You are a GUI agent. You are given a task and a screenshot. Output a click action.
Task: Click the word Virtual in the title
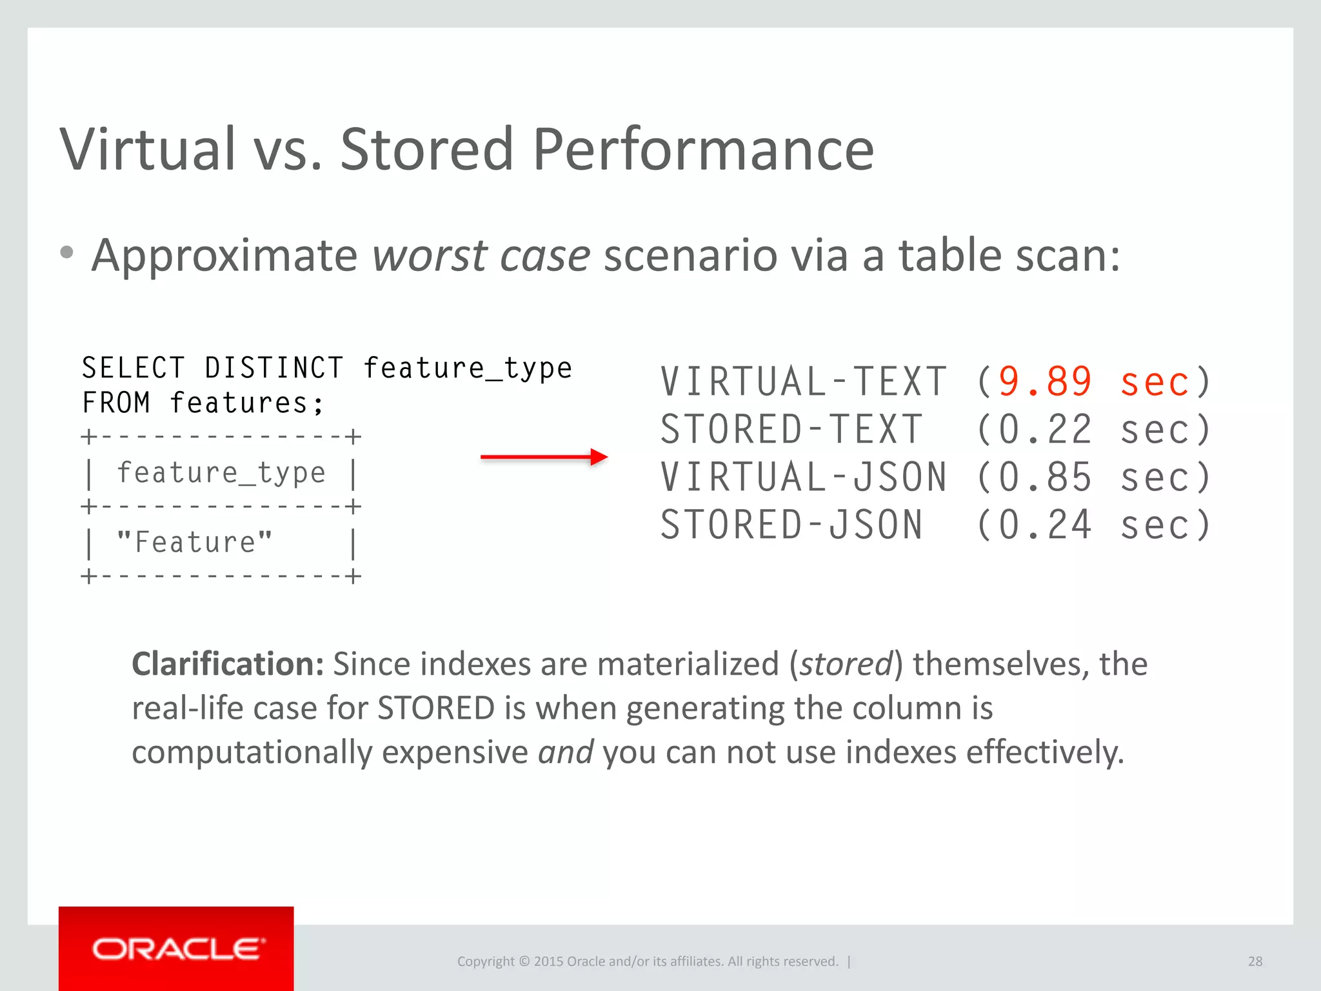pos(148,150)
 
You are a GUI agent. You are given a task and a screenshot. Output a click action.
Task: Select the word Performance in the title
pos(703,150)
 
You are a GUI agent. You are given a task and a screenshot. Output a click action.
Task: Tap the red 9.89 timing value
pos(1045,381)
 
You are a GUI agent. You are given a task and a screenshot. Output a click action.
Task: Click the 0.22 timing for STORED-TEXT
pos(1045,430)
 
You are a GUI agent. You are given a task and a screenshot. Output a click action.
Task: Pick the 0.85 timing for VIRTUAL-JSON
pos(1045,477)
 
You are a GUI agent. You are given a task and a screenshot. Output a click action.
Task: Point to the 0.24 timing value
pos(1045,525)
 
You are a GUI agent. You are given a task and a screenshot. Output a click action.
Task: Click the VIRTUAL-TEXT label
pos(804,381)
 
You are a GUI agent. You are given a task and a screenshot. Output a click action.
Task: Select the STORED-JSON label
pos(792,525)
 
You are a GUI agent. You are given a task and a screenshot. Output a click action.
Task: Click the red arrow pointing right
pos(544,457)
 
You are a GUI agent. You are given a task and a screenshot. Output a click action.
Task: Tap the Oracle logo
pos(176,949)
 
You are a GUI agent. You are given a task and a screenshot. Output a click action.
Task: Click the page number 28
pos(1255,961)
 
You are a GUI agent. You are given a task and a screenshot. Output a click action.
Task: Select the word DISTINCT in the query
pos(274,368)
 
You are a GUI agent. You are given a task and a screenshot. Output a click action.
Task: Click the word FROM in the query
pos(116,403)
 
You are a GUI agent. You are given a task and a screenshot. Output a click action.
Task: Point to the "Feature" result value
pos(194,542)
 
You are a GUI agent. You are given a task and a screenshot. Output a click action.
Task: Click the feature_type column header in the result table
pos(221,473)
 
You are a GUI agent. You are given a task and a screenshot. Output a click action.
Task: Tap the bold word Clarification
pos(228,664)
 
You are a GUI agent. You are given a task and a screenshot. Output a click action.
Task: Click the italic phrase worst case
pos(481,255)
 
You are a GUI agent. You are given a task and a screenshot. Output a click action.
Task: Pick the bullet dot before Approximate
pos(66,253)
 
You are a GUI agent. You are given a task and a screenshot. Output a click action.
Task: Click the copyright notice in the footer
pos(648,961)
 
